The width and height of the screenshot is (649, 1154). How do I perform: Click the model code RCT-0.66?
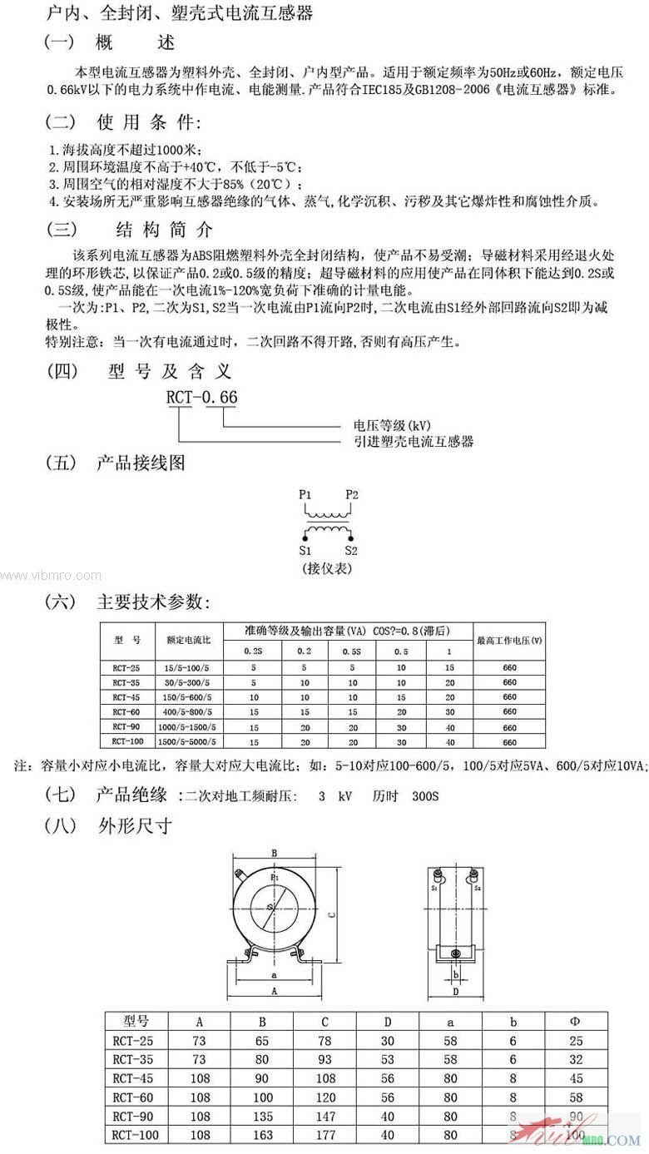click(x=201, y=398)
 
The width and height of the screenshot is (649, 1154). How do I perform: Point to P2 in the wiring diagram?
click(x=352, y=494)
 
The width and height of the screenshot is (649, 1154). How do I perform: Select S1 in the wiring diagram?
click(x=305, y=551)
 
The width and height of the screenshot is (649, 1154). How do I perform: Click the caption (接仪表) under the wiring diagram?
click(x=328, y=568)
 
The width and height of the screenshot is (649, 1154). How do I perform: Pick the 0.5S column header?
click(x=353, y=651)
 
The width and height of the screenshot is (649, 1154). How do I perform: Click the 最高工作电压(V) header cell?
click(x=509, y=641)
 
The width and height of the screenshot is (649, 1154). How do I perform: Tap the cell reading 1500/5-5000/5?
click(x=191, y=741)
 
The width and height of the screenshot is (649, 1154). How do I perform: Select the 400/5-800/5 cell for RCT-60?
click(x=190, y=711)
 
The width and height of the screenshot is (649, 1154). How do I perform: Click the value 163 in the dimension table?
click(x=262, y=1135)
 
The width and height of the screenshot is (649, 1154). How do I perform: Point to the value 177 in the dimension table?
click(x=324, y=1135)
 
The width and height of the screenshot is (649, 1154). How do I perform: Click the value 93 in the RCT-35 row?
click(x=324, y=1059)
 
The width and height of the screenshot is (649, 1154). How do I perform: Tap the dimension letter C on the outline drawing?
click(x=331, y=914)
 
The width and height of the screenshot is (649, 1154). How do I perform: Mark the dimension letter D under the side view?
click(x=455, y=992)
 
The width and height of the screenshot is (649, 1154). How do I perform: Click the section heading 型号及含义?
click(x=170, y=371)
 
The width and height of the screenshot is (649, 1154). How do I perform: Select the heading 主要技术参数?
click(x=154, y=602)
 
